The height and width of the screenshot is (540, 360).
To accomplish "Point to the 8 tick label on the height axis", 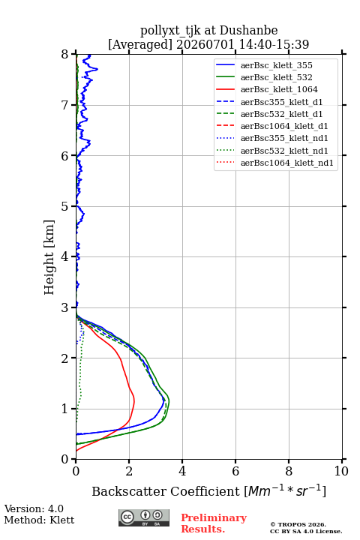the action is pyautogui.click(x=65, y=55).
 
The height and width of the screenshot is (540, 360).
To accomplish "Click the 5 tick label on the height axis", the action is pyautogui.click(x=65, y=207).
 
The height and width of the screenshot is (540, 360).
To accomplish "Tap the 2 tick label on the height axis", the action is pyautogui.click(x=65, y=358).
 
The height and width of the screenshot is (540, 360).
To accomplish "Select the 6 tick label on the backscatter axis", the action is pyautogui.click(x=235, y=471).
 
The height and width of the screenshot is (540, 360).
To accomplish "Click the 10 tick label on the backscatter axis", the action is pyautogui.click(x=341, y=471).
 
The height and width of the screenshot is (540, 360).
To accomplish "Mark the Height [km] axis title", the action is pyautogui.click(x=49, y=257).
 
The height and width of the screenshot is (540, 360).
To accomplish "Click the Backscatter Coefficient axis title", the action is pyautogui.click(x=208, y=490).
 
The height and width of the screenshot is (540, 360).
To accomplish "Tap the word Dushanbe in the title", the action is pyautogui.click(x=249, y=31).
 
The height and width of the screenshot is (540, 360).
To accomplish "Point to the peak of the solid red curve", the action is pyautogui.click(x=134, y=400).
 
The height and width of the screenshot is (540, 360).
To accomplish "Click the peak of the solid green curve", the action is pyautogui.click(x=169, y=401).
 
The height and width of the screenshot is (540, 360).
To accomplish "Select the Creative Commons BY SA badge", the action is pyautogui.click(x=144, y=517).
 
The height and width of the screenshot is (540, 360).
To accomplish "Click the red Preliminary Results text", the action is pyautogui.click(x=214, y=523).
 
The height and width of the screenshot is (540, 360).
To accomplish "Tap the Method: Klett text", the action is pyautogui.click(x=39, y=520).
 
